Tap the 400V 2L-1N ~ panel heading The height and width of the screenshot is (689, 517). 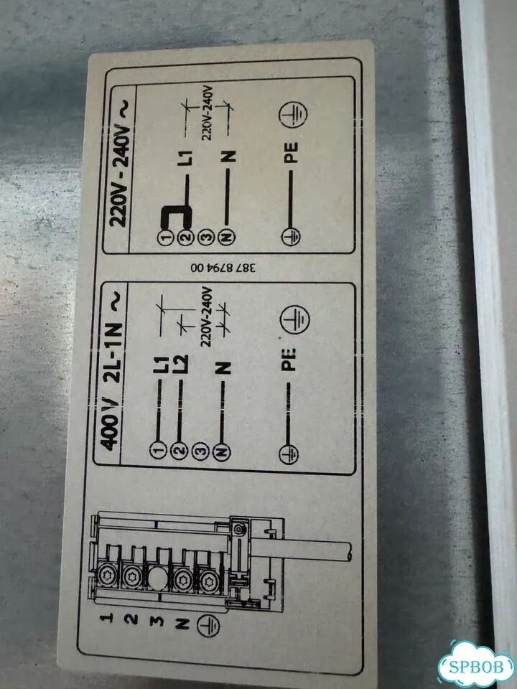[112, 372]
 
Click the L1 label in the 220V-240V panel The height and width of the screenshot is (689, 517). [187, 158]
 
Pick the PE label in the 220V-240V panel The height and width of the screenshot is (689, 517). [291, 153]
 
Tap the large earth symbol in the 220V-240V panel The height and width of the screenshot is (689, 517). [293, 114]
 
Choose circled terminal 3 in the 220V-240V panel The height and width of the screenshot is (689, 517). [206, 238]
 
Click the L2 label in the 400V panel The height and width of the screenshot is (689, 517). [181, 365]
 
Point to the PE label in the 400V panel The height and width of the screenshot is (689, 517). [289, 360]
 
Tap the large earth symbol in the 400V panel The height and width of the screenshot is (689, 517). [294, 319]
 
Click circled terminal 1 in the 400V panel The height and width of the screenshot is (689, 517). [157, 449]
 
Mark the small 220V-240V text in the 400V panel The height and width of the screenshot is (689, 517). [207, 317]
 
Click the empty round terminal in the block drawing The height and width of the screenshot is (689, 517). [156, 578]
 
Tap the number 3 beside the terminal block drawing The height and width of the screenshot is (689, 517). [158, 621]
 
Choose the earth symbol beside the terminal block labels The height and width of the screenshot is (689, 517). [208, 626]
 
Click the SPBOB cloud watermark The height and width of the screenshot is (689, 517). [476, 666]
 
